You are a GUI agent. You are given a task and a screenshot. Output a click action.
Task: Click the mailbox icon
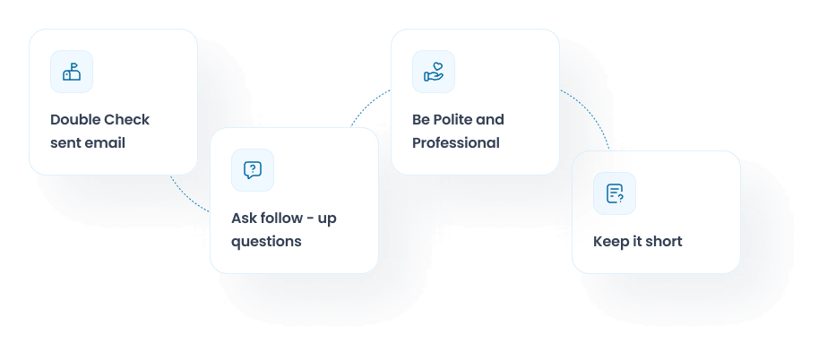(x=72, y=72)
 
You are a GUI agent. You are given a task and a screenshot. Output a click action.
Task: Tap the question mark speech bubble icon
(x=253, y=170)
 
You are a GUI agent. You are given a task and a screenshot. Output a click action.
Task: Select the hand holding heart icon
(x=434, y=72)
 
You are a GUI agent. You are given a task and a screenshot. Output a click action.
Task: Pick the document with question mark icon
(x=615, y=193)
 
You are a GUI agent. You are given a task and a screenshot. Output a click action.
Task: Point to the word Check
(x=125, y=120)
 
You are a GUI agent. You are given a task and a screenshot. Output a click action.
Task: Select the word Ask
(x=245, y=219)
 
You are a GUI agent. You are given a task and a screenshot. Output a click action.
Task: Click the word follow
(x=281, y=219)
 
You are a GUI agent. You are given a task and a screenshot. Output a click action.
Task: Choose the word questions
(x=266, y=242)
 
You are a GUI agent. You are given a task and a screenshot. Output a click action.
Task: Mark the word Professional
(x=456, y=143)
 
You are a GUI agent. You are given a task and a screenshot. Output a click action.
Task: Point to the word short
(x=665, y=242)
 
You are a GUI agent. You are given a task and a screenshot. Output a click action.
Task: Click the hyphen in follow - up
(x=310, y=219)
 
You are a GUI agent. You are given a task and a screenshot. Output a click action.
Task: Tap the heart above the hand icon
(x=436, y=66)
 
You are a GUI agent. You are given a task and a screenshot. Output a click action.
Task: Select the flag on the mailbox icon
(x=73, y=65)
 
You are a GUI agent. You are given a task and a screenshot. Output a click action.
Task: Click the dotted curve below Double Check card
(x=188, y=198)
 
